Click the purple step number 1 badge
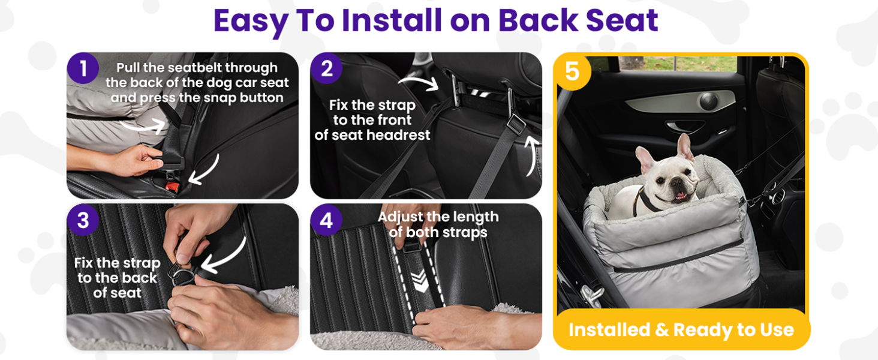pos(83,68)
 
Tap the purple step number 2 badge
pos(326,68)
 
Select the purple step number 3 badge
pos(83,220)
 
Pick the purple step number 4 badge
pos(326,220)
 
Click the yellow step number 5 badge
pos(573,71)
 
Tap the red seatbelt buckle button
pos(173,187)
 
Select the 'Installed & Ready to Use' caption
pos(681,329)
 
